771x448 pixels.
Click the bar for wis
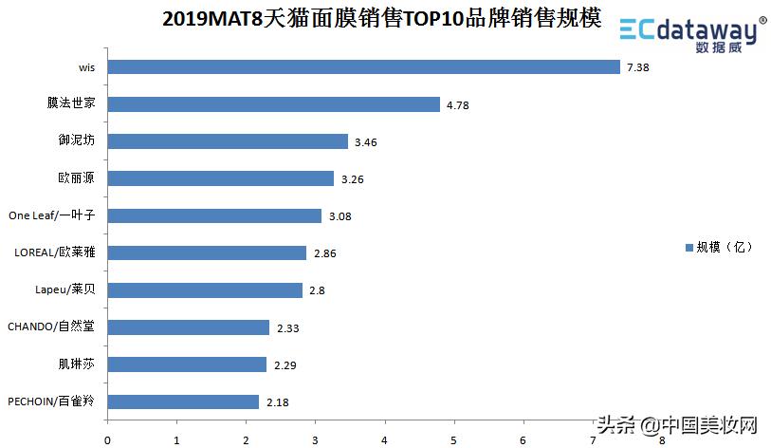tap(363, 66)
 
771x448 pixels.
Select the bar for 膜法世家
tap(273, 103)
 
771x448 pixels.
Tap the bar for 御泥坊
tap(228, 141)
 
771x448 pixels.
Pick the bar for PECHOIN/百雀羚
tap(183, 401)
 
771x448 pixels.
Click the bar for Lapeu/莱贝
tap(205, 289)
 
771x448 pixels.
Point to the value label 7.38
tap(638, 67)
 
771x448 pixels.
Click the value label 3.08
tap(340, 216)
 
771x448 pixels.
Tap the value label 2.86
tap(324, 253)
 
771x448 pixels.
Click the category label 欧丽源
tap(77, 177)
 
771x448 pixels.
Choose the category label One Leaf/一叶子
tap(51, 215)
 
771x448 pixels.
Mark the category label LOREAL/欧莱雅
tap(55, 252)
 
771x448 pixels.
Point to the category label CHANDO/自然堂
tap(51, 327)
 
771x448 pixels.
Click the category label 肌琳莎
tap(77, 364)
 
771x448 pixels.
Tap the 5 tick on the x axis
tap(453, 439)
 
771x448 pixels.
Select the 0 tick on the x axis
tap(107, 439)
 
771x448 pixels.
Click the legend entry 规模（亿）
tap(718, 247)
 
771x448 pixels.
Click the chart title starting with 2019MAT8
tap(382, 19)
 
